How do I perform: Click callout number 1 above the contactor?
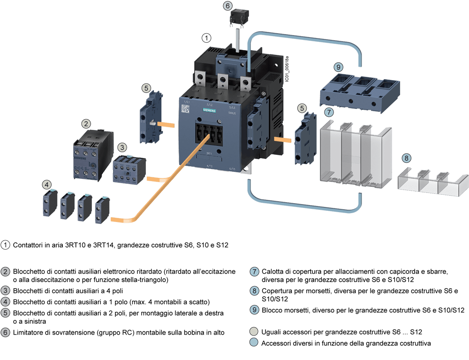pyautogui.click(x=207, y=37)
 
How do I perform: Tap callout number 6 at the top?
pyautogui.click(x=227, y=6)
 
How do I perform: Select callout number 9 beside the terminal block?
pyautogui.click(x=338, y=67)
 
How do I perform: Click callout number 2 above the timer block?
pyautogui.click(x=86, y=124)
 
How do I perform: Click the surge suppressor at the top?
pyautogui.click(x=239, y=18)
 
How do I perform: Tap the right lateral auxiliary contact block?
pyautogui.click(x=301, y=138)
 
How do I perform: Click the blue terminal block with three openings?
pyautogui.click(x=360, y=92)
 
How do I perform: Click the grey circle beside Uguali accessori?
pyautogui.click(x=254, y=332)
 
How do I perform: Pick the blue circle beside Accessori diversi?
pyautogui.click(x=254, y=343)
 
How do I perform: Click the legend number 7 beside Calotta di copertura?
pyautogui.click(x=254, y=272)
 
